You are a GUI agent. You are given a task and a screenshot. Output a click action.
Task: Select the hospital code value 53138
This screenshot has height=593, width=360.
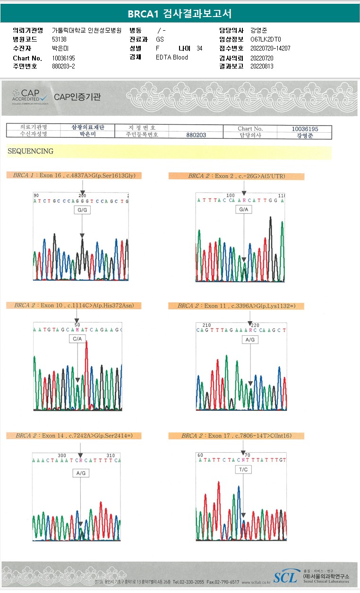click(59, 40)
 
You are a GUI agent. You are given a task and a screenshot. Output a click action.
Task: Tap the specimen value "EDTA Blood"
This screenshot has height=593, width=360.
click(172, 58)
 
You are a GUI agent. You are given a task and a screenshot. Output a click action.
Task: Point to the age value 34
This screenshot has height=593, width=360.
click(199, 49)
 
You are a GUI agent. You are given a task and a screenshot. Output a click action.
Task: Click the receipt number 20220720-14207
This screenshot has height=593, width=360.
click(270, 49)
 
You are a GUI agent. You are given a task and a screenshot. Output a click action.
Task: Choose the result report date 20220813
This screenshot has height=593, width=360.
click(262, 67)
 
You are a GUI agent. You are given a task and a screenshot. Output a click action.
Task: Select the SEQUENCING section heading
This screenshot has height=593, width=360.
click(30, 152)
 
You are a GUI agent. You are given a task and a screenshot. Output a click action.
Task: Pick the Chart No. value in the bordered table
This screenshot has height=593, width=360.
click(305, 129)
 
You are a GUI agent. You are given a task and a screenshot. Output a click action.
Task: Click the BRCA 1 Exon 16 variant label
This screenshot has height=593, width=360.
click(74, 176)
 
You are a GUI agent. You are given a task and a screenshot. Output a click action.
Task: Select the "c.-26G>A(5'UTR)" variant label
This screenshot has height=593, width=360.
click(236, 176)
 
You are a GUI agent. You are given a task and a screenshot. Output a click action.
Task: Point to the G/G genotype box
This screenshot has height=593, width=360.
click(82, 210)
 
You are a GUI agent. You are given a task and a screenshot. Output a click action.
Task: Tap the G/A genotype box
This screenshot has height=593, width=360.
click(244, 209)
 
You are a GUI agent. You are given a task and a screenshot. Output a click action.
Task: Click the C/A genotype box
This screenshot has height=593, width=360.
click(77, 339)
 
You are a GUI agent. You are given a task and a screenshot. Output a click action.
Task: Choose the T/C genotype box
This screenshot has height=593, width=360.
click(244, 470)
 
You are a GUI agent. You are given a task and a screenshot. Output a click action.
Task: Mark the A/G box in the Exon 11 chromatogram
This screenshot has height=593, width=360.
click(250, 339)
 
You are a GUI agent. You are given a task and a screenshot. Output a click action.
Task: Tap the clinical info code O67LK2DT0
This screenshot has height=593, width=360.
click(266, 40)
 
